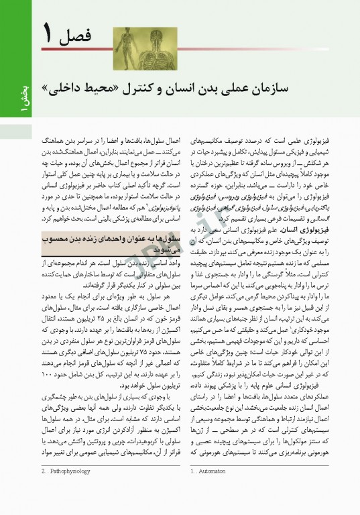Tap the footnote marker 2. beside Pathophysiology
coord(44,490)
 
